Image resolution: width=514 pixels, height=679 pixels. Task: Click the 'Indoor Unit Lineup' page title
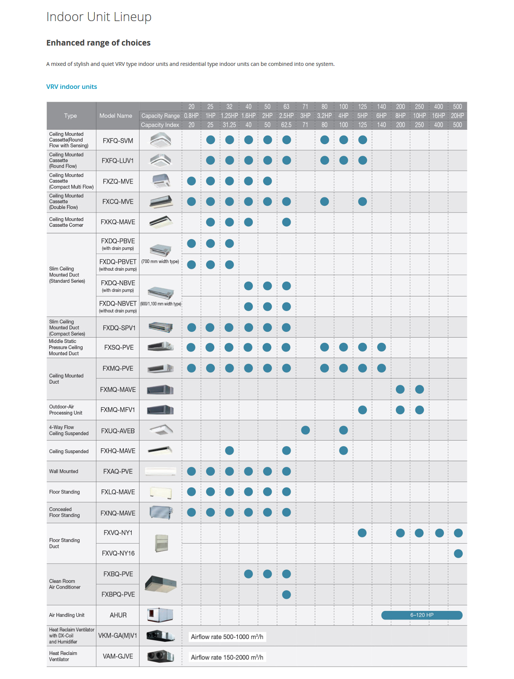(99, 17)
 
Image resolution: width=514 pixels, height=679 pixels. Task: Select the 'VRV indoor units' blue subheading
(71, 87)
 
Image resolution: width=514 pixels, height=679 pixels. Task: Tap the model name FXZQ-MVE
(118, 181)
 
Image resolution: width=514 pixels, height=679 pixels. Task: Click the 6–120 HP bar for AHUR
(421, 615)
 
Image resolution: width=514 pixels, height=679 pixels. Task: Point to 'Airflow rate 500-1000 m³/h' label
(227, 637)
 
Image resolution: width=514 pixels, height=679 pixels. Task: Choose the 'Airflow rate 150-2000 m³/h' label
(227, 657)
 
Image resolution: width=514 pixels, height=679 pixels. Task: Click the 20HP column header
(457, 116)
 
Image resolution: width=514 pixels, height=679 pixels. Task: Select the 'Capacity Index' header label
(160, 125)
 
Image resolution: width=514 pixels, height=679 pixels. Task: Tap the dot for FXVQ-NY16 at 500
(458, 553)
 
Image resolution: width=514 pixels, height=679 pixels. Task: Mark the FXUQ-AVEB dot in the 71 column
(306, 430)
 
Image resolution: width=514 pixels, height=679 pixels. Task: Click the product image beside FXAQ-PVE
(161, 471)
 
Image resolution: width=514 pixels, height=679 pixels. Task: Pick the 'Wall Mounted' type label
(64, 471)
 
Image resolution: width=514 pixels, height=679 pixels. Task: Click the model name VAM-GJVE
(118, 656)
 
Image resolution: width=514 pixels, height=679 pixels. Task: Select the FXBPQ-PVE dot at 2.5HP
(286, 594)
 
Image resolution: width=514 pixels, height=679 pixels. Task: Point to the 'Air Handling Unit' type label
(67, 615)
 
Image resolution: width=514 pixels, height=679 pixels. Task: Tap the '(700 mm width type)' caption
(160, 261)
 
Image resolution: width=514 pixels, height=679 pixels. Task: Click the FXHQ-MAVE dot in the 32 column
(230, 450)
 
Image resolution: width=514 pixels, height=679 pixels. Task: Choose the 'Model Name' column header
(116, 116)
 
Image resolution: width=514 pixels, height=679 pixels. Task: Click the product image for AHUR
(160, 615)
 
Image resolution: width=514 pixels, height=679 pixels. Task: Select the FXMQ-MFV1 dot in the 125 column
(362, 410)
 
